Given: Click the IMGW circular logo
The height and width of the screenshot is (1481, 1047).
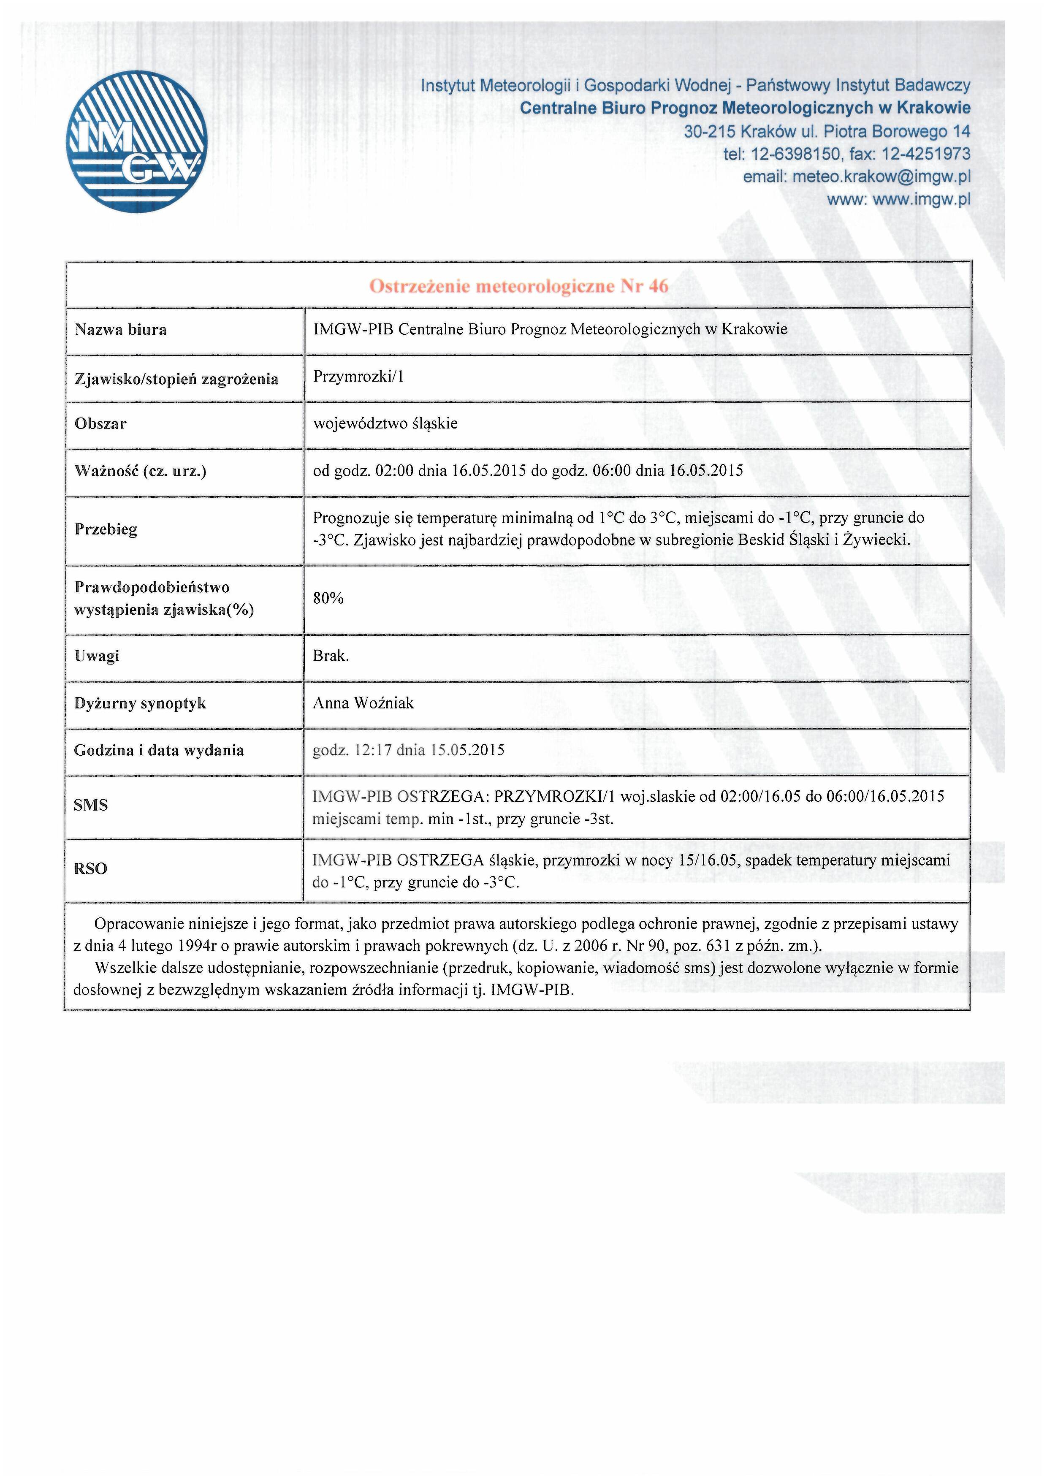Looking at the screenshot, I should click(x=137, y=141).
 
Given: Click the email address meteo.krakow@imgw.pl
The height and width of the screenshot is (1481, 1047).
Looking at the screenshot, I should click(x=881, y=177).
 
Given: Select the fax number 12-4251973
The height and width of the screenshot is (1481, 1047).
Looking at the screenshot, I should click(x=926, y=154).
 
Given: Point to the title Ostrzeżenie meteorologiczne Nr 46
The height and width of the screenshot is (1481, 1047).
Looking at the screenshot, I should click(x=519, y=286).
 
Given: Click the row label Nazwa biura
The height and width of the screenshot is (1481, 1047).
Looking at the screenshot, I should click(x=121, y=330).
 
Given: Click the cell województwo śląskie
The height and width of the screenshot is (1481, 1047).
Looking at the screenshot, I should click(x=385, y=424).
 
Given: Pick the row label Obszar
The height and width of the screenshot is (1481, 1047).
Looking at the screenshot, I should click(x=100, y=424).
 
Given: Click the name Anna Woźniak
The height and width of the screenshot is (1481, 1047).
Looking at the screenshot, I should click(x=363, y=703).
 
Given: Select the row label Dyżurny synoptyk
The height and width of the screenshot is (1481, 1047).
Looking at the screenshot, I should click(x=140, y=703).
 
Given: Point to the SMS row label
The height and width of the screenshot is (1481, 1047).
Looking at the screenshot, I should click(x=91, y=805).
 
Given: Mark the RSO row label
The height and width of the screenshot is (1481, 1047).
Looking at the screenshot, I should click(x=91, y=869).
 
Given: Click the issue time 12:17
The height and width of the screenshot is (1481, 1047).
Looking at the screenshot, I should click(x=374, y=750).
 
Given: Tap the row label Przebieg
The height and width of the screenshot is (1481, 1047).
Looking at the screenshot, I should click(x=106, y=529).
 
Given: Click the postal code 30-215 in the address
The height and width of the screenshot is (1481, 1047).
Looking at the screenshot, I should click(x=710, y=132).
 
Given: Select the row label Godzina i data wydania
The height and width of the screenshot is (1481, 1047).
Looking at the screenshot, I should click(x=159, y=750).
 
